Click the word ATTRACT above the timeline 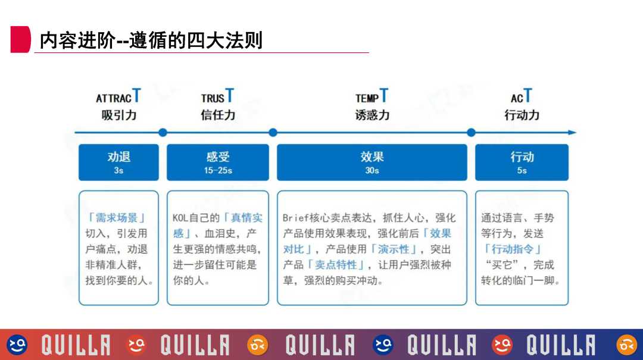[x=118, y=97]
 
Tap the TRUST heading [x=217, y=97]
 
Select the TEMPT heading [x=372, y=97]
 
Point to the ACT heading [x=521, y=97]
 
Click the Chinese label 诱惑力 [x=372, y=115]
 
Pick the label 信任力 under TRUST [x=218, y=115]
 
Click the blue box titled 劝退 [x=118, y=162]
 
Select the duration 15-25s [x=218, y=171]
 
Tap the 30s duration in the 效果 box [x=372, y=171]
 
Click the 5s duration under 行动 [x=522, y=171]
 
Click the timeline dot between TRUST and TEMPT [x=273, y=132]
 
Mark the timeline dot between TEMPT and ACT [x=471, y=132]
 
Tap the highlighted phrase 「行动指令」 [x=513, y=249]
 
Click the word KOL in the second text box [x=180, y=218]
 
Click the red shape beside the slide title [x=20, y=39]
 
